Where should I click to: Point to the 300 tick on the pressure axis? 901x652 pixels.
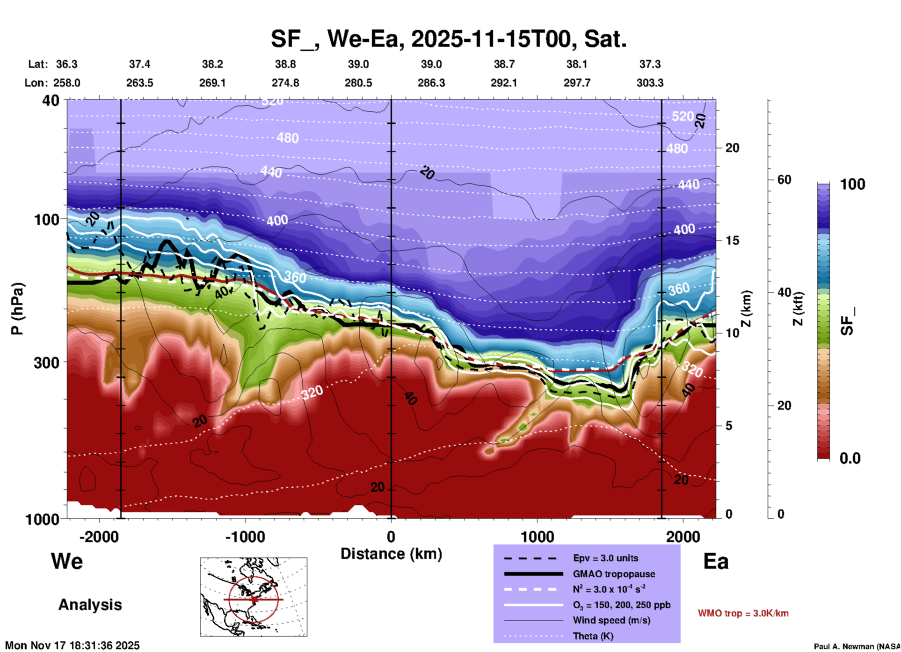[46, 362]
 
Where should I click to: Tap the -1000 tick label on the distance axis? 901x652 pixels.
[245, 536]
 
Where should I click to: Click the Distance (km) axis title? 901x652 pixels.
[391, 554]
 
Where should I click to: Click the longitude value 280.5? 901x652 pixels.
[358, 83]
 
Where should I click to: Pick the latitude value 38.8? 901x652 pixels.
[285, 64]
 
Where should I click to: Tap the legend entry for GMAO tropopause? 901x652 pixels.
[614, 574]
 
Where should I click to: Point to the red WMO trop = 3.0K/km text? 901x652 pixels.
[743, 613]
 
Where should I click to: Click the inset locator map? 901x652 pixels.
[254, 597]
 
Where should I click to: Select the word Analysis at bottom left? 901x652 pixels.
[90, 605]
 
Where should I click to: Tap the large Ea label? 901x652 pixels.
[716, 562]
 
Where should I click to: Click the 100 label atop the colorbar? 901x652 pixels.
[852, 184]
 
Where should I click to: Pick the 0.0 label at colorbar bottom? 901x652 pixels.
[850, 458]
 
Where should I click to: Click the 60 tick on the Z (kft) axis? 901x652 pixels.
[784, 180]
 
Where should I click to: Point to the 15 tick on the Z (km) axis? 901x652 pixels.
[732, 240]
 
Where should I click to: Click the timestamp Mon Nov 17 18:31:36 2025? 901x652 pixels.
[72, 645]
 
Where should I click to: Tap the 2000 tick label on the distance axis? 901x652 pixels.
[683, 536]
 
